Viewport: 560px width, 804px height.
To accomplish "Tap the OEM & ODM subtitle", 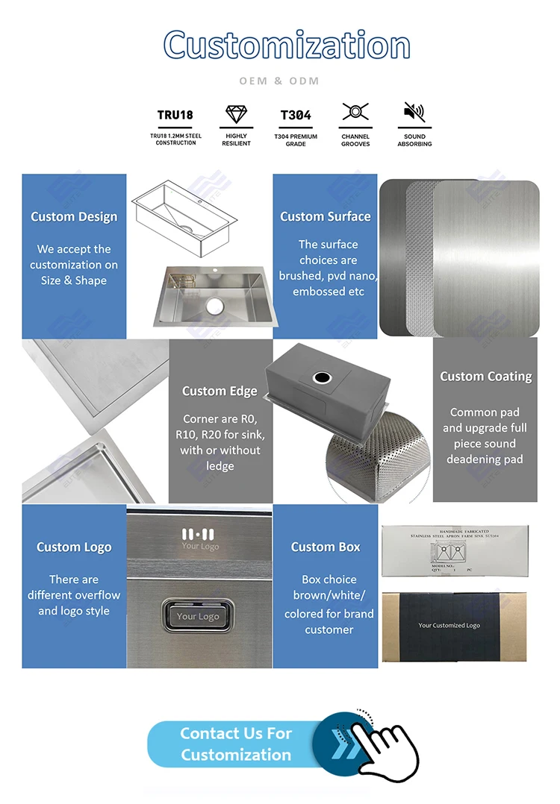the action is [x=279, y=81].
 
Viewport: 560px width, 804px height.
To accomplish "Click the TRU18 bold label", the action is [x=175, y=115].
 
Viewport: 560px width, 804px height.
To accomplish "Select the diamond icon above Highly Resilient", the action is [x=236, y=114].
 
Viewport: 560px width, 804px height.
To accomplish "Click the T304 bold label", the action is [x=296, y=115].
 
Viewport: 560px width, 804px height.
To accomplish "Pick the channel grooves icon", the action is [x=355, y=113].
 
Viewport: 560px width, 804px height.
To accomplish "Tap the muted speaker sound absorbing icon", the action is [x=414, y=113].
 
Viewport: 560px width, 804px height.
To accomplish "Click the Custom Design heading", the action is [x=74, y=217].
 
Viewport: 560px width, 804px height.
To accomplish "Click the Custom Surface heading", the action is [x=326, y=217].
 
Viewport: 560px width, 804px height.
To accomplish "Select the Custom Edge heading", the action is [x=220, y=391].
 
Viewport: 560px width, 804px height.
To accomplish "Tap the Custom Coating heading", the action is [x=485, y=377].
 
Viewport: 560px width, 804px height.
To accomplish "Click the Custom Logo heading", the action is [x=74, y=547].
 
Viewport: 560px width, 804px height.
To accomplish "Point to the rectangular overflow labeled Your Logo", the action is [x=198, y=616].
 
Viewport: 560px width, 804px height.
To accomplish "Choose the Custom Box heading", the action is [x=326, y=547].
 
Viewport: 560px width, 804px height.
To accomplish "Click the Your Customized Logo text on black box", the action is [x=449, y=625].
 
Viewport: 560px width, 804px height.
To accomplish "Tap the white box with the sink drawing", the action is [x=454, y=550].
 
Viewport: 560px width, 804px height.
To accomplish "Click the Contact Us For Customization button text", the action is [x=236, y=744].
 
